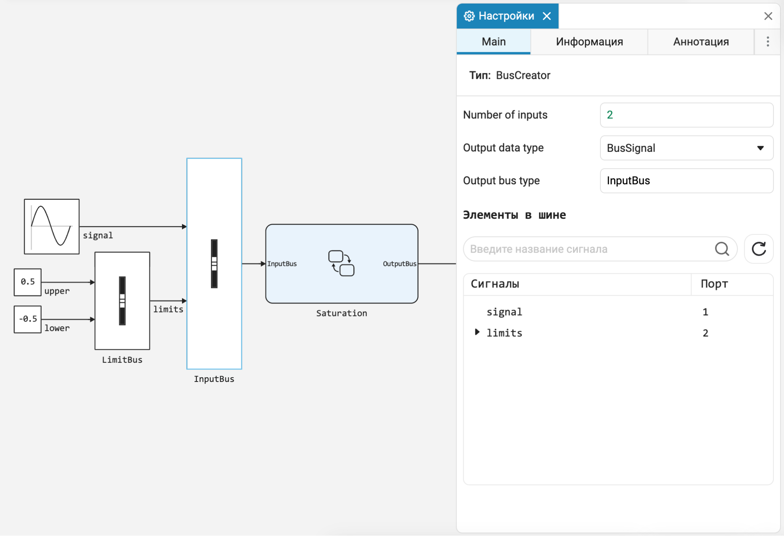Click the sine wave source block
[52, 227]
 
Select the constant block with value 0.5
[27, 282]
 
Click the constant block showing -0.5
[27, 319]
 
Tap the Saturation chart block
[342, 264]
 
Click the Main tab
[493, 42]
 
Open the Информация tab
[589, 42]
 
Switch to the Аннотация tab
[701, 42]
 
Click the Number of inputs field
[686, 115]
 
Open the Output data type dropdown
[686, 148]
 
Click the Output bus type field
[686, 181]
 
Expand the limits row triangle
[477, 332]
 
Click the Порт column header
[714, 283]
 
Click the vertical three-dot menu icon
[768, 42]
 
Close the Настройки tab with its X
[547, 16]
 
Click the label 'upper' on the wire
[57, 291]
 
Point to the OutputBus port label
[399, 264]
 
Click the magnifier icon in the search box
[722, 249]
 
